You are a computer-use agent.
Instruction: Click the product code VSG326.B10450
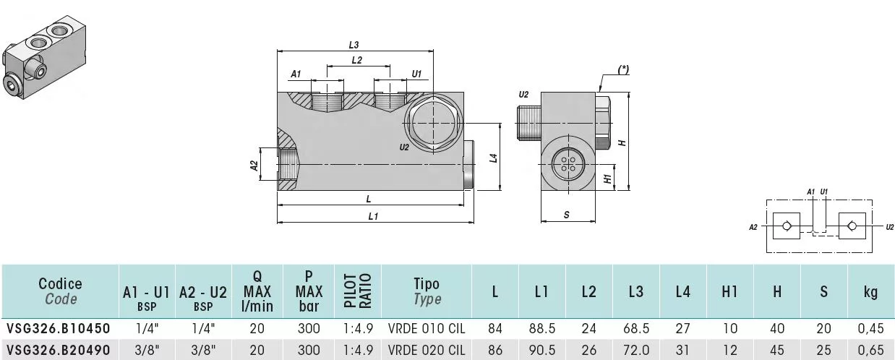tap(59, 328)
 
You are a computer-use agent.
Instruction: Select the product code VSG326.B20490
tap(59, 350)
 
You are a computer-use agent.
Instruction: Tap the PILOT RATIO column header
tap(358, 291)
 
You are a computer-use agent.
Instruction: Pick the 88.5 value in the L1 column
tap(541, 328)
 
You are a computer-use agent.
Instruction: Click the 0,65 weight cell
tap(870, 350)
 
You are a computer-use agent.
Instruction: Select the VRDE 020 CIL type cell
tap(427, 350)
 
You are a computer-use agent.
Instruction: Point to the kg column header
tap(870, 291)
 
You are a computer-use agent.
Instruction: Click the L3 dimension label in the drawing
tap(354, 45)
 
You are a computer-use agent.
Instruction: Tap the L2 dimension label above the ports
tap(356, 60)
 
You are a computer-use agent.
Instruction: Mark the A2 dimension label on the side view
tap(254, 166)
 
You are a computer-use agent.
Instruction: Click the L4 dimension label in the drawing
tap(493, 158)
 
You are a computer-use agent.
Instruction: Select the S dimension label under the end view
tap(566, 215)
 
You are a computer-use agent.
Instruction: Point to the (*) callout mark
tap(623, 69)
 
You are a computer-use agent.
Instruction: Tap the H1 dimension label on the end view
tap(607, 179)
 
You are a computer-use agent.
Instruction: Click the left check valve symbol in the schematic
tap(787, 226)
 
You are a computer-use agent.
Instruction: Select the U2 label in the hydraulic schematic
tap(889, 227)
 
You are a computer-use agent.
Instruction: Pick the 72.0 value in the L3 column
tap(635, 350)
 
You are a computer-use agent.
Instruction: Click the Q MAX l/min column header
tap(257, 291)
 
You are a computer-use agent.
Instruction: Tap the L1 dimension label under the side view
tap(373, 217)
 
